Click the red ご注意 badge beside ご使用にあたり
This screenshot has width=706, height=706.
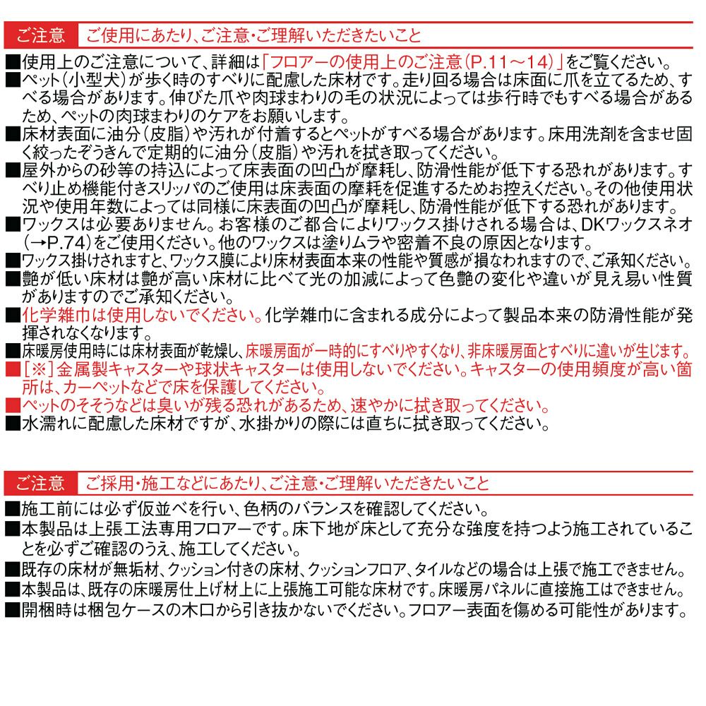coord(40,35)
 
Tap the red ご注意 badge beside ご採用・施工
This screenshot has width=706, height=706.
coord(40,484)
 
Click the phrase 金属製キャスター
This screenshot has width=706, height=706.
coord(106,369)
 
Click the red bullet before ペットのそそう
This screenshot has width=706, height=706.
coord(13,405)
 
